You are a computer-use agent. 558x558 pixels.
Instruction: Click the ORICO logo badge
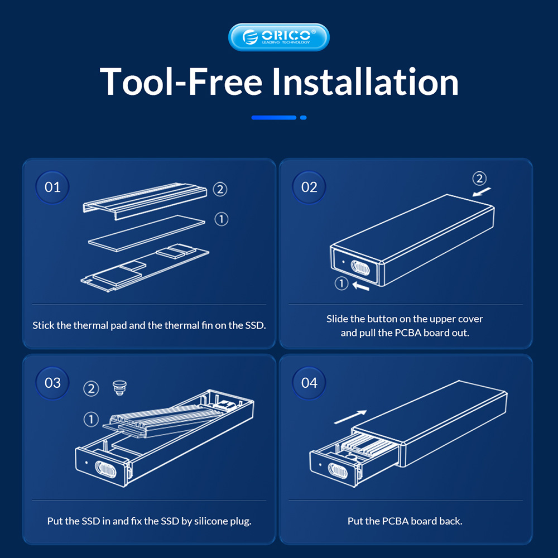(278, 37)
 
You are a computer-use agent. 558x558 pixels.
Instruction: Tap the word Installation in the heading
(365, 82)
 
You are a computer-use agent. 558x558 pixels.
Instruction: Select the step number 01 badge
(52, 187)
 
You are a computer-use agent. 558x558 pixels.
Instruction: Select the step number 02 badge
(309, 187)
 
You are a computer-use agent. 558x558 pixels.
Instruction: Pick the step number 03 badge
(52, 383)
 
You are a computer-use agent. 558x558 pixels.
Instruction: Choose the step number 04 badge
(309, 383)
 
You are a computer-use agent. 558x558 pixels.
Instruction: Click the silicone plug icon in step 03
(119, 388)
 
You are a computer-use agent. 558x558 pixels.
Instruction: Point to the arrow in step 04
(350, 417)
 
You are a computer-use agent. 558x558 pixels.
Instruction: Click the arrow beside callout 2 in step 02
(482, 192)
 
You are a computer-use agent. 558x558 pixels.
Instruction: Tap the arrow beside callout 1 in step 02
(360, 286)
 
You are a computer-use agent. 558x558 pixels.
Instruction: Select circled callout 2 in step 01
(220, 189)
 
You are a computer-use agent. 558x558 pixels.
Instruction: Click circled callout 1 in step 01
(222, 219)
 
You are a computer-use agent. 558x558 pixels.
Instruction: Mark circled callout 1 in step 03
(91, 419)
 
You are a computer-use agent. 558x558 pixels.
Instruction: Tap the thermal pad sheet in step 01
(147, 233)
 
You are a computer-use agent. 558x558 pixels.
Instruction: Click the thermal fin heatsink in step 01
(145, 201)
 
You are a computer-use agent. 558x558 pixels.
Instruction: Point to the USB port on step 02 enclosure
(360, 268)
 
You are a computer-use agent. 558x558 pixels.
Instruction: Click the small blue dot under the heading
(303, 118)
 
